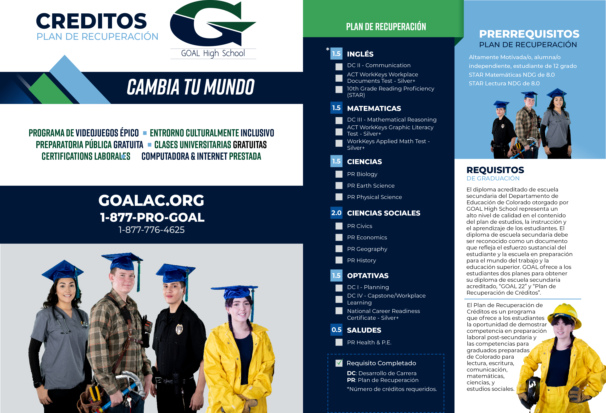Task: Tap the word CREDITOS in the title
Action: point(91,21)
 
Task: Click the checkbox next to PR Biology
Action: point(339,174)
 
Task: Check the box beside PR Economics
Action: point(339,237)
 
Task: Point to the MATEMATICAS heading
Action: point(374,108)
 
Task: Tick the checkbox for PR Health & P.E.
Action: point(339,342)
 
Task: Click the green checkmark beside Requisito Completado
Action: point(339,363)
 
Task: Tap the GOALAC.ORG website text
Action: point(151,200)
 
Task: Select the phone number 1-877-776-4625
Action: point(151,230)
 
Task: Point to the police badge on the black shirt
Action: point(179,329)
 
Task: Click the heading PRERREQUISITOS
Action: point(529,34)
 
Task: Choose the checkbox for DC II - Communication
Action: point(339,67)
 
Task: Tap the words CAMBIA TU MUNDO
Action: point(190,87)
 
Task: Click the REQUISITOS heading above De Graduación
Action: point(495,170)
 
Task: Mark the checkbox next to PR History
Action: point(339,260)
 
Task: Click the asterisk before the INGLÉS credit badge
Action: point(327,49)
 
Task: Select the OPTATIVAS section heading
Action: point(368,276)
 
